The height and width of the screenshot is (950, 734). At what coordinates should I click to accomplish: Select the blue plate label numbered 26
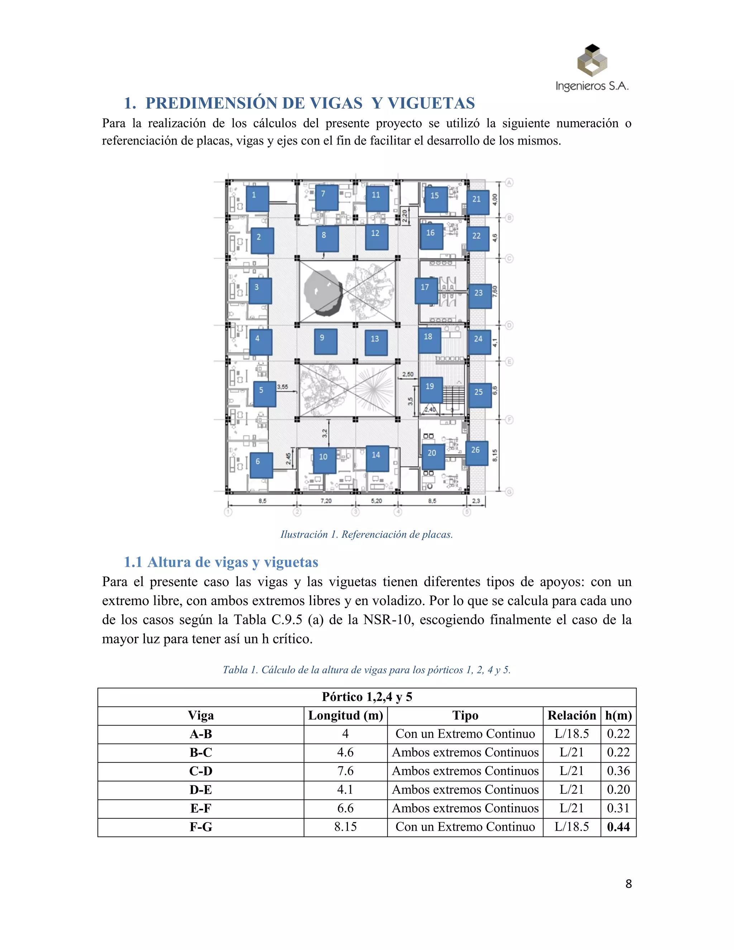477,453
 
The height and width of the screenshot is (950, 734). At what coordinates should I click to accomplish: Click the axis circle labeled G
509,491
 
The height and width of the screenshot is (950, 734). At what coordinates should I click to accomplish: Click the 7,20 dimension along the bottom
326,501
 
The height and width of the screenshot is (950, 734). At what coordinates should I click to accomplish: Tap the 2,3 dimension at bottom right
476,501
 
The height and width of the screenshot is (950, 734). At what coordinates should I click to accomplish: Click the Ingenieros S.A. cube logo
592,61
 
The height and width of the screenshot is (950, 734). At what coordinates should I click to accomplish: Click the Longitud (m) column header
345,716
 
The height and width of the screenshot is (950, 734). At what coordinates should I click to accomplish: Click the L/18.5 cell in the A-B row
571,734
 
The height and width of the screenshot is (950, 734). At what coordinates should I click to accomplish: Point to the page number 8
628,884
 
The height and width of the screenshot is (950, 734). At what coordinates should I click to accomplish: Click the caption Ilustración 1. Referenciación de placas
367,534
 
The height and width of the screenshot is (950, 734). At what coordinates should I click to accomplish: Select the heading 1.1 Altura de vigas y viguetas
221,562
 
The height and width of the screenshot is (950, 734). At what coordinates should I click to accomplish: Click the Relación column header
571,716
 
